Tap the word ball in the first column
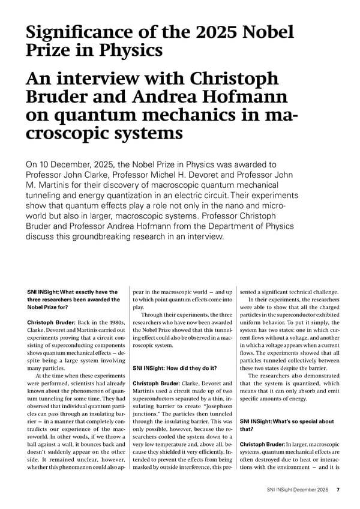[33, 447]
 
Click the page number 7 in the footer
[338, 490]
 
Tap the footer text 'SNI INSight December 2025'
[298, 490]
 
